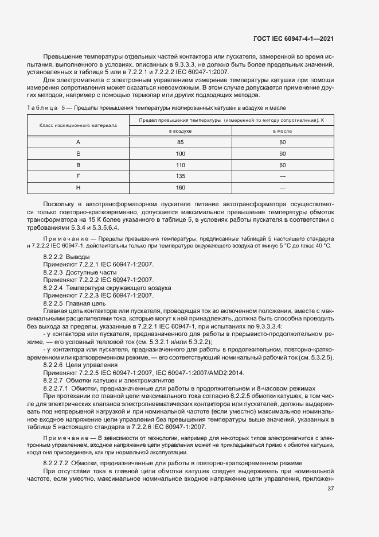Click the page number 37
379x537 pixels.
pos(330,489)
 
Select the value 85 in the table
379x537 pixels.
pos(180,142)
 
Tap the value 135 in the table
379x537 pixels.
pos(180,176)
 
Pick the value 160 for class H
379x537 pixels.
pos(180,187)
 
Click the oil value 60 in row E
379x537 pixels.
pos(282,153)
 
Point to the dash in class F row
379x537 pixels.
pos(282,176)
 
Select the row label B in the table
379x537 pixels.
pos(78,164)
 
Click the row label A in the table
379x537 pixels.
pos(78,142)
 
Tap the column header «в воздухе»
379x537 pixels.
pos(180,131)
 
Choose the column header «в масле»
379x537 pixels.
pos(282,131)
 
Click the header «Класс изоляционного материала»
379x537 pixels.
pos(78,125)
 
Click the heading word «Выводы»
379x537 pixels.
pos(77,256)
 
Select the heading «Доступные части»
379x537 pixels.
pos(87,272)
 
